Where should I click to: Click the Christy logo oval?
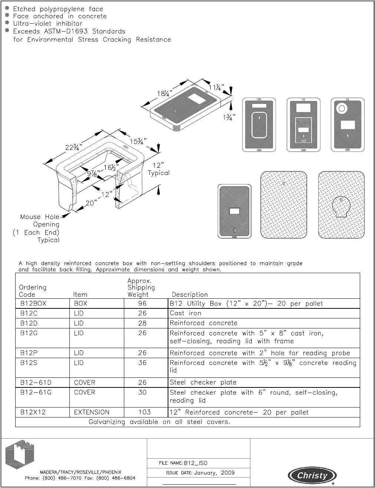[x=312, y=475]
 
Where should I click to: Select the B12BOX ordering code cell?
[x=33, y=304]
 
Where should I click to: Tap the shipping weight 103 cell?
[x=144, y=412]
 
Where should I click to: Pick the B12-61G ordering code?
[x=36, y=392]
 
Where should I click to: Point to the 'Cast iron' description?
[x=185, y=313]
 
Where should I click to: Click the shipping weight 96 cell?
[x=142, y=304]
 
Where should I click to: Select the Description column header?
[x=190, y=295]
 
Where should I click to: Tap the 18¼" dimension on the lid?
[x=165, y=93]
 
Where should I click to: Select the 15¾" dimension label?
[x=138, y=141]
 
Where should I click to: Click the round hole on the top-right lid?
[x=341, y=108]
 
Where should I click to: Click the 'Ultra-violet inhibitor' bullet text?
[x=48, y=23]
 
